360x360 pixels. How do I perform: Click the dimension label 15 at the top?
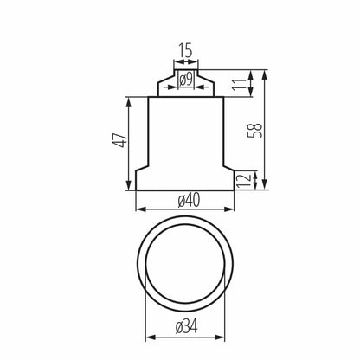pos(185,51)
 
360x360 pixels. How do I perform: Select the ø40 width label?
pos(186,201)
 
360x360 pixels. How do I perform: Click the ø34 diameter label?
pos(186,330)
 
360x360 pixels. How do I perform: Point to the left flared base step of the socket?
pos(143,176)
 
